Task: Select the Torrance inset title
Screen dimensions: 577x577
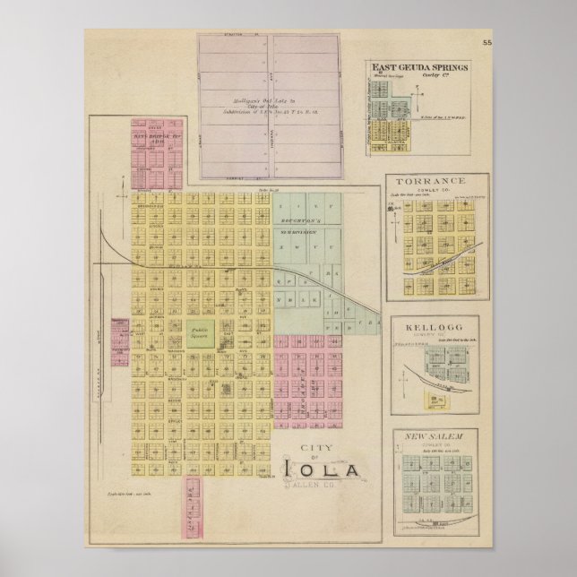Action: [x=437, y=181]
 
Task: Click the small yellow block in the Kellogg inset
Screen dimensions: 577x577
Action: [x=438, y=400]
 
